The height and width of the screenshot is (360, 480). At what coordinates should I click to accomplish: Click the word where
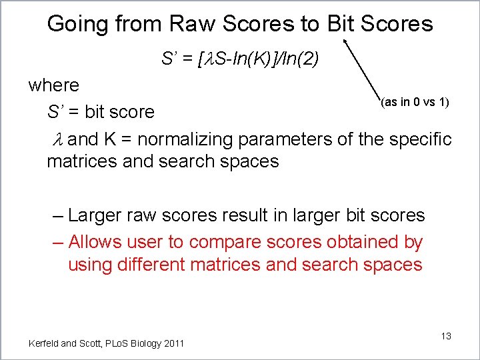click(x=53, y=85)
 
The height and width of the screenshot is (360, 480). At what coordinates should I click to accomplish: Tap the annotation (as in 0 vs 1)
click(x=414, y=103)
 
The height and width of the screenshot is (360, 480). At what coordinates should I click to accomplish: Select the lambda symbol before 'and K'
click(x=57, y=139)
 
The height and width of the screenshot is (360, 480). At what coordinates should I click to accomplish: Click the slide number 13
click(x=445, y=336)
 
